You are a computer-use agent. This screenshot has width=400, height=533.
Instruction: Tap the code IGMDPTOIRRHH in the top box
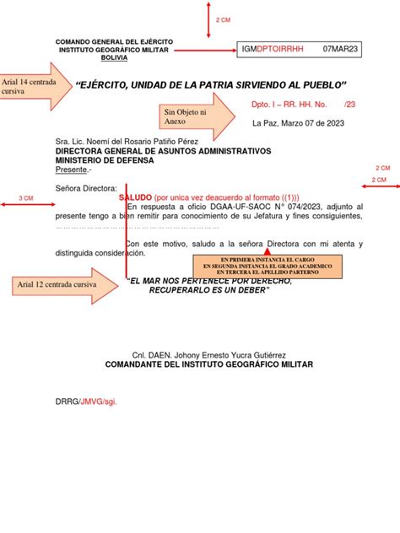tap(273, 50)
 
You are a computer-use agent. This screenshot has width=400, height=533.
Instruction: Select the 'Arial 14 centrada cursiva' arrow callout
tap(32, 85)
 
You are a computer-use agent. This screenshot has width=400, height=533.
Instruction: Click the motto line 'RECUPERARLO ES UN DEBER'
tap(208, 290)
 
